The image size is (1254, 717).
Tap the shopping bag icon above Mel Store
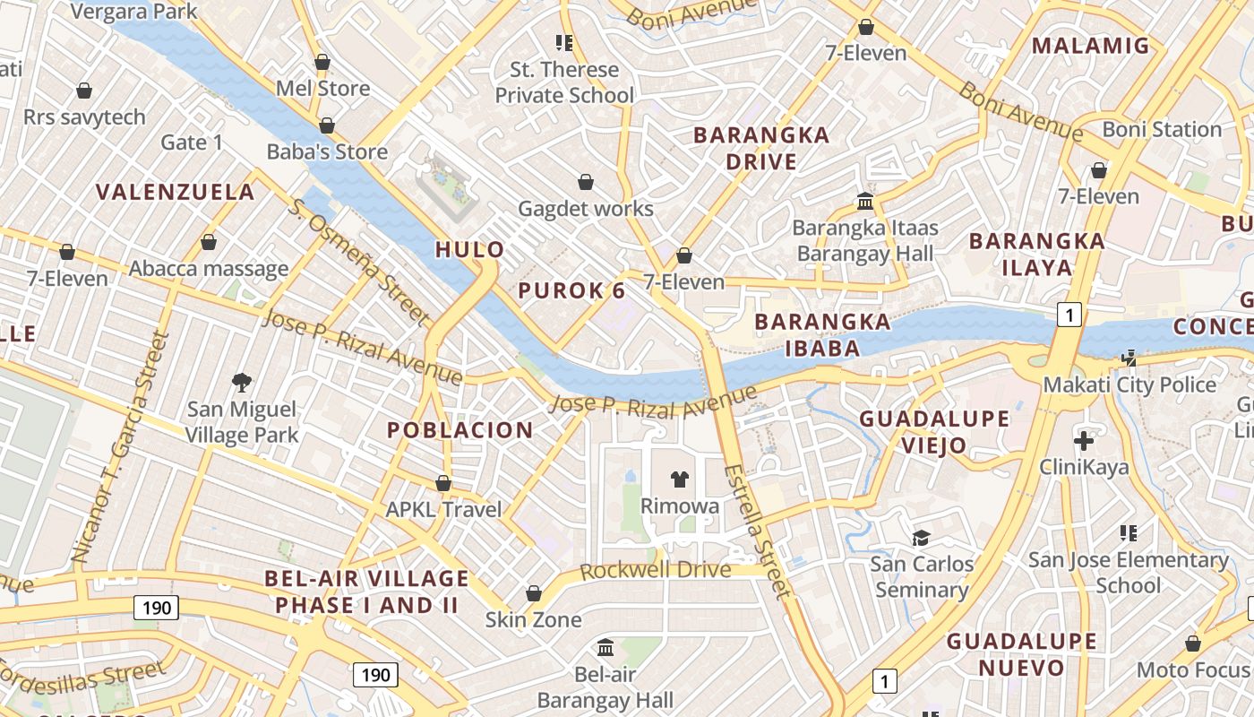322,63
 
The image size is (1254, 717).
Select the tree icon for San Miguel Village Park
241,384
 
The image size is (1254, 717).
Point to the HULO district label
469,250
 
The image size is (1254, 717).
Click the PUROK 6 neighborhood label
571,290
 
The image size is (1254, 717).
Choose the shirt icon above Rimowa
679,479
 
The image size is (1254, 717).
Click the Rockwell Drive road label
655,571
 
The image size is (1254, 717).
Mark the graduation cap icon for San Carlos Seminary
921,538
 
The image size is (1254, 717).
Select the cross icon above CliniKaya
1084,440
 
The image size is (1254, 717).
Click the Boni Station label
1162,129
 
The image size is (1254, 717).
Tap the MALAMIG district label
1090,46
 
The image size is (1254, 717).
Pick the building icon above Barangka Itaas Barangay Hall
865,201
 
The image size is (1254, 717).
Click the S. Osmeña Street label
359,260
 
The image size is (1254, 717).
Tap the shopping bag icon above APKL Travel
442,484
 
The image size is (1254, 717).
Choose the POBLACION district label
460,430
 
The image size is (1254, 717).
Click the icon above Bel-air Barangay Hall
606,647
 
